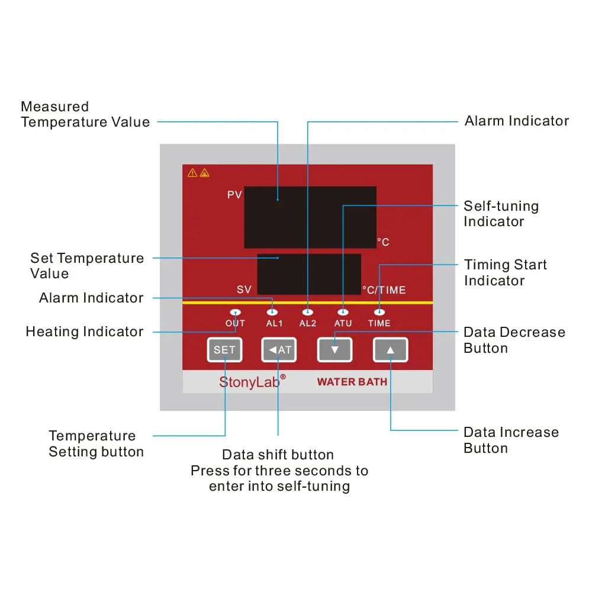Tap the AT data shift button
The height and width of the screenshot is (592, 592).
point(279,350)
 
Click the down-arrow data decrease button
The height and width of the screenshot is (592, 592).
point(334,350)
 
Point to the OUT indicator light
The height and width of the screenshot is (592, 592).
point(235,312)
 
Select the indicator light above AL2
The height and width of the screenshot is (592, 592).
point(307,312)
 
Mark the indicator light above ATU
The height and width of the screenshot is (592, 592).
point(343,312)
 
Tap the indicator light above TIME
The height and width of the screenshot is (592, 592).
point(379,312)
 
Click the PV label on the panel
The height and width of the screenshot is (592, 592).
point(234,195)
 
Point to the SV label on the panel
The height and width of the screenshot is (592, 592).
point(244,289)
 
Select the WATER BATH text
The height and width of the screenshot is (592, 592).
point(352,382)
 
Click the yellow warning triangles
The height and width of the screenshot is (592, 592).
point(198,173)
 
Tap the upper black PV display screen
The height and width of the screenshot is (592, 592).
point(310,217)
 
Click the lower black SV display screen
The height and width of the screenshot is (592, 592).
point(309,274)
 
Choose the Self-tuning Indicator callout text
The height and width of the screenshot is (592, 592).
point(501,214)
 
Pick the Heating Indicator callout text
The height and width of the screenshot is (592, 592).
point(85,332)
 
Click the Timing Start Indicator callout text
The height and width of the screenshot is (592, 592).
point(505,272)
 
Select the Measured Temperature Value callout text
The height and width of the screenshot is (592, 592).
point(85,114)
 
